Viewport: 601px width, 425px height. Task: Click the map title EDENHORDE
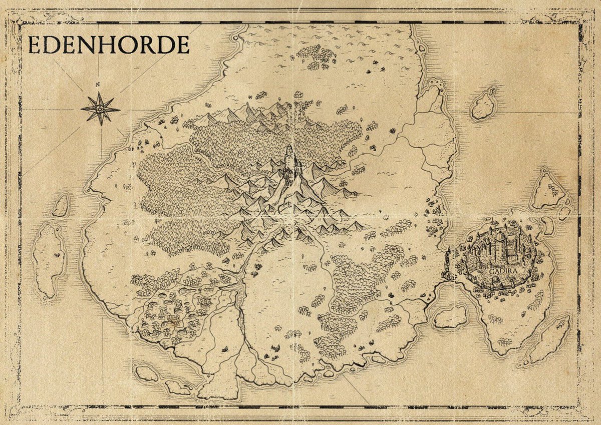109,45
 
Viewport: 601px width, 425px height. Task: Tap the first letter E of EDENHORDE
35,45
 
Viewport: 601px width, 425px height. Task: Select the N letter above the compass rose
98,85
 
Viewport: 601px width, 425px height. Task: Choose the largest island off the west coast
49,260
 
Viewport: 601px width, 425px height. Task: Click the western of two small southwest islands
147,373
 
